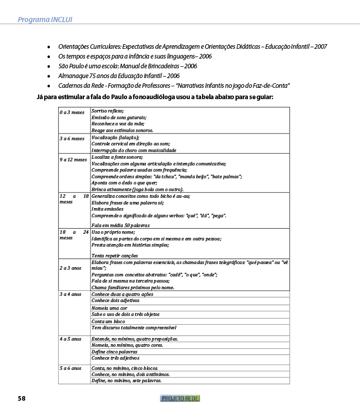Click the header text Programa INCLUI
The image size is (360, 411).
point(45,20)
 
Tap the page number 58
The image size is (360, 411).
point(22,398)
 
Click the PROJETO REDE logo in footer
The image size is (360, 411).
point(180,398)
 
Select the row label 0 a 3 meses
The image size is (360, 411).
point(71,111)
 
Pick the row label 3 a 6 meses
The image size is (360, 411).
point(71,138)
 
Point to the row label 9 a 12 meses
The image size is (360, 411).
point(73,159)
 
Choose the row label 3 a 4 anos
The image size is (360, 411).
point(70,294)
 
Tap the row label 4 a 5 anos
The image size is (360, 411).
point(70,339)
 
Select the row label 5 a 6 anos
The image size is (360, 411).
point(70,368)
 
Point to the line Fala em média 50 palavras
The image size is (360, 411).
point(120,225)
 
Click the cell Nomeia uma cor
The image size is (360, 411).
point(109,308)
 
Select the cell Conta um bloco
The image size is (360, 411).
point(108,321)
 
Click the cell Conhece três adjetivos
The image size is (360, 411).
point(116,358)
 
